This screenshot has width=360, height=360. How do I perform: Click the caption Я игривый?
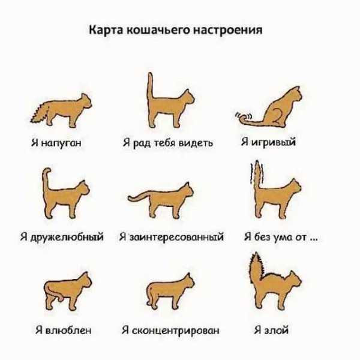point(268,143)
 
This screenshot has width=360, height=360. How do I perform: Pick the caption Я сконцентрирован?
point(170,329)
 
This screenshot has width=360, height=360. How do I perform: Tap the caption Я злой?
point(272,329)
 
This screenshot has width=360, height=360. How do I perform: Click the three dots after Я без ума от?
point(316,238)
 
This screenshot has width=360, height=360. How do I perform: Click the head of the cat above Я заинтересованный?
point(188,191)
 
